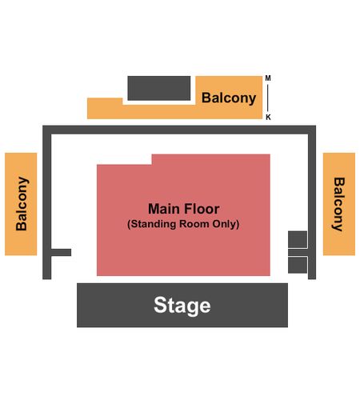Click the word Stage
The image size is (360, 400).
182,306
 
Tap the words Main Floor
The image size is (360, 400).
184,209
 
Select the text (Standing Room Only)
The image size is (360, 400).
183,224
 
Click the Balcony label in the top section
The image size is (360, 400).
229,98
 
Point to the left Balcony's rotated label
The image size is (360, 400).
22,203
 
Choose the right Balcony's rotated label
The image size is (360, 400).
339,204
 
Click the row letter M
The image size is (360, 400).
268,78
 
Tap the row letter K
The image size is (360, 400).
268,117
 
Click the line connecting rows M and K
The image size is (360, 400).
268,98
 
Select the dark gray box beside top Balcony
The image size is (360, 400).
159,88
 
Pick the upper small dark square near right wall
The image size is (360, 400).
298,239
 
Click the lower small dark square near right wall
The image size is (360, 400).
298,265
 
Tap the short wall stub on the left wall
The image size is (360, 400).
61,252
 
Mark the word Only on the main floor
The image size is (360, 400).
224,224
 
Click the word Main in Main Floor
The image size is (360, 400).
166,209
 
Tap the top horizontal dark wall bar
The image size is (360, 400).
179,130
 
